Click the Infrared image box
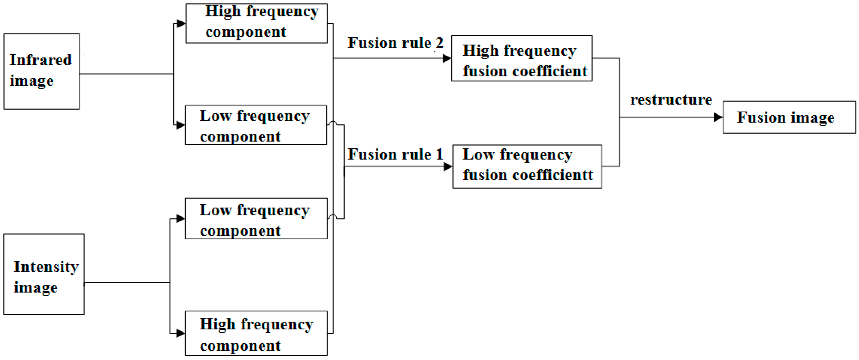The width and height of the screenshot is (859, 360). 41,71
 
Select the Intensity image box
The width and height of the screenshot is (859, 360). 44,274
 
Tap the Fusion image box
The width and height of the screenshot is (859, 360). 789,117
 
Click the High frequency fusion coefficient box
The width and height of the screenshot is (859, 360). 522,58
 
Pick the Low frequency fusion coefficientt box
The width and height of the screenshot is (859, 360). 527,166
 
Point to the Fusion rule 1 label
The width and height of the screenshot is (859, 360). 395,154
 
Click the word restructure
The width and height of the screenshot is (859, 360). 671,100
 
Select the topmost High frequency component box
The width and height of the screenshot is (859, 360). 256,23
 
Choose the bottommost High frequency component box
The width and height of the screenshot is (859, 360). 256,333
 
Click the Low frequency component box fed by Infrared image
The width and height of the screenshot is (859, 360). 256,125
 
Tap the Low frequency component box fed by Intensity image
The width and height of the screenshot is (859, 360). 256,219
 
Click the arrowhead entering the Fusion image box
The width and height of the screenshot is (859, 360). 718,117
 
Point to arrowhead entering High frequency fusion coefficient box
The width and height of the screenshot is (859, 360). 447,58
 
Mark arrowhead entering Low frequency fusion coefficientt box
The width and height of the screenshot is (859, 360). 448,166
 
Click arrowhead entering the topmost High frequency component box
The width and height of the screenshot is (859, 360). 181,23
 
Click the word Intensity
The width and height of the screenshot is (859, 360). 46,267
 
